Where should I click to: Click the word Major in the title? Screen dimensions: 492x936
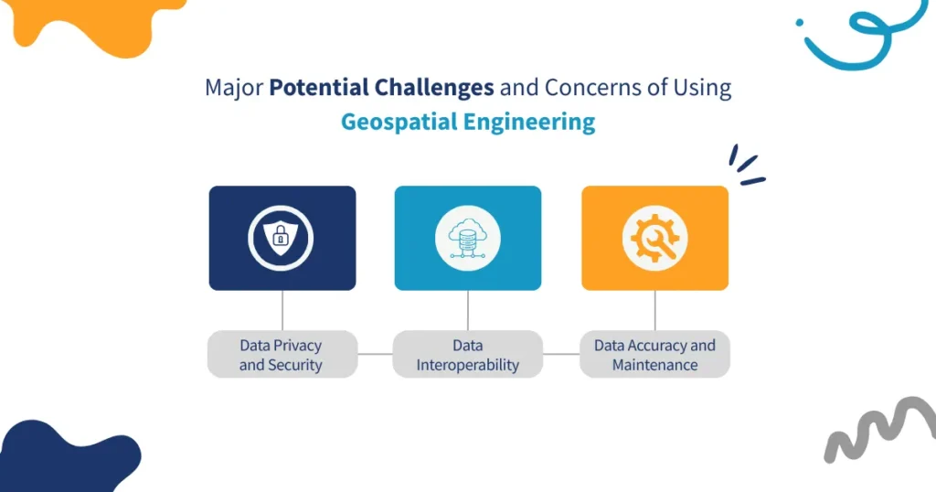coord(233,88)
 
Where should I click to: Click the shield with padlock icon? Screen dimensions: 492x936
coord(282,239)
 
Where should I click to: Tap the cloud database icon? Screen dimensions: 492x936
coord(467,239)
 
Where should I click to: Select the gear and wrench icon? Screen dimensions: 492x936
coord(654,239)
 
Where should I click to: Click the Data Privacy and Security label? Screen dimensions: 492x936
coord(282,355)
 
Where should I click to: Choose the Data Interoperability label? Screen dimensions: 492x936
coord(467,355)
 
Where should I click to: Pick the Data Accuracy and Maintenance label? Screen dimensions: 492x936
coord(654,355)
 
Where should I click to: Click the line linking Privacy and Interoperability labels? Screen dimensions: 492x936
coord(375,354)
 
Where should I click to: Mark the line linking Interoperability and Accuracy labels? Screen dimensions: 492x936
coord(561,354)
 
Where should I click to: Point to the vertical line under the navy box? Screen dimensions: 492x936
coord(282,310)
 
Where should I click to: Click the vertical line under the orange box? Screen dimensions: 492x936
coord(654,310)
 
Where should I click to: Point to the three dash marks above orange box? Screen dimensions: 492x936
coord(746,166)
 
